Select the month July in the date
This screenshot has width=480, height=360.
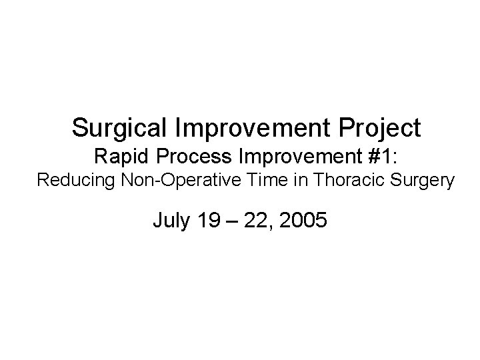pos(170,219)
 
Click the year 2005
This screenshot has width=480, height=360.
pos(304,219)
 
